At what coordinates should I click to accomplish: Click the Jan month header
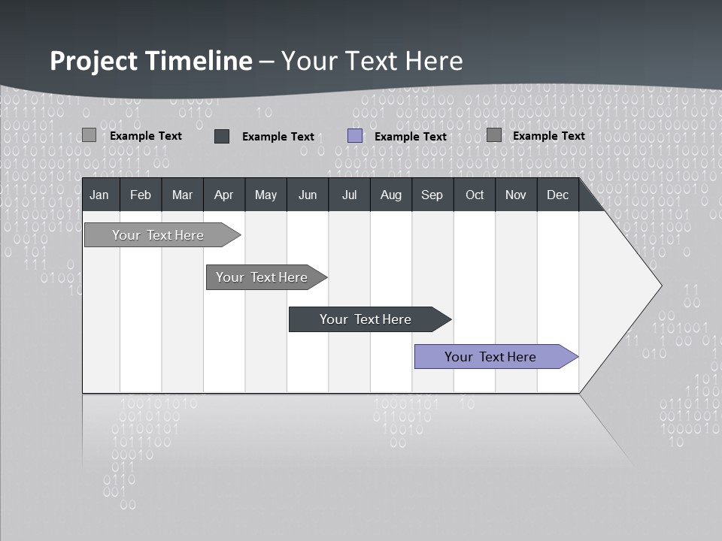[99, 195]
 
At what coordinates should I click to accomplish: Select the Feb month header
[141, 195]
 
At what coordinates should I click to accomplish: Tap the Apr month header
[223, 195]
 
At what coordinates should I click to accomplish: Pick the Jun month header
[308, 195]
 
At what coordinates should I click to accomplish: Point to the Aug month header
[390, 195]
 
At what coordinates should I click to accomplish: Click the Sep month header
[432, 195]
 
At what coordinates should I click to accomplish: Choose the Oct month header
[475, 195]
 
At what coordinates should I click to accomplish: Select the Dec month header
[557, 195]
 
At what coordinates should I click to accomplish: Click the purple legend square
[355, 136]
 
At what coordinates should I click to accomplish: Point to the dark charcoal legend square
[222, 136]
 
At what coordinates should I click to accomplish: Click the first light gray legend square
[89, 135]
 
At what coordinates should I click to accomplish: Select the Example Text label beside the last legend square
[548, 136]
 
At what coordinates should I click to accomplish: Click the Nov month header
[515, 195]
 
